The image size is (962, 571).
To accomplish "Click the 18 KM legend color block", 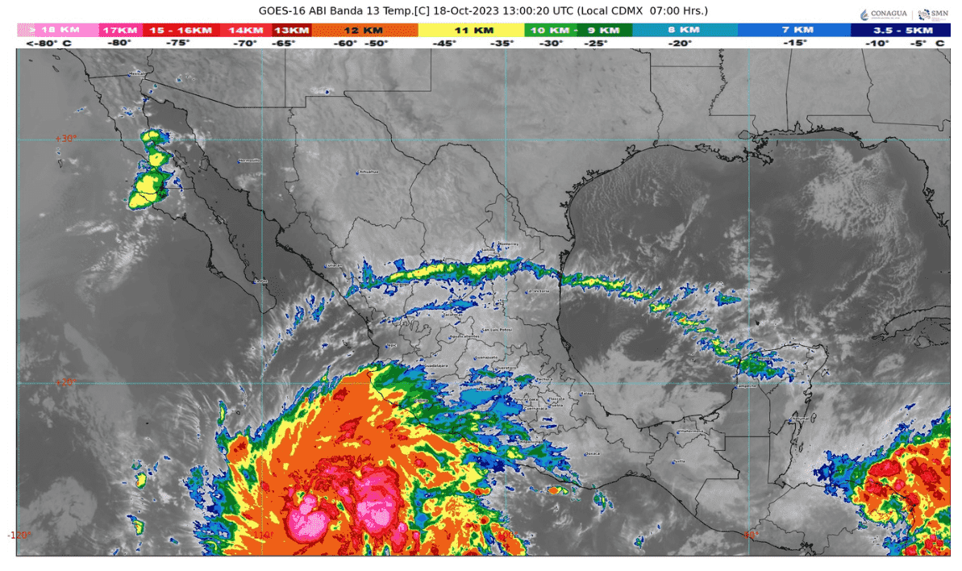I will coord(56,30).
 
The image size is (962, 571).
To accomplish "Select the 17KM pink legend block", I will coord(120,30).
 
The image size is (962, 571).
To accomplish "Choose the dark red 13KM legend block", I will coord(291,30).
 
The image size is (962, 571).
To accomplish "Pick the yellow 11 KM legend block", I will coord(471,30).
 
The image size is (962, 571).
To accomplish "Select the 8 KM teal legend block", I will coord(685,30).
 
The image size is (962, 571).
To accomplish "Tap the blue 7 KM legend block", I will coord(793,30).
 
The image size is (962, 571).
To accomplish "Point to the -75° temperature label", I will coord(178,44).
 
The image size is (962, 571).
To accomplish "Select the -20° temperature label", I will coord(680,44).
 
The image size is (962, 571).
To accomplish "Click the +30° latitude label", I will coord(65,139).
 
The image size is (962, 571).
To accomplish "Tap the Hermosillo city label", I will coord(250,160).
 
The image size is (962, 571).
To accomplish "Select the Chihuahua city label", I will coord(367,172).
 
